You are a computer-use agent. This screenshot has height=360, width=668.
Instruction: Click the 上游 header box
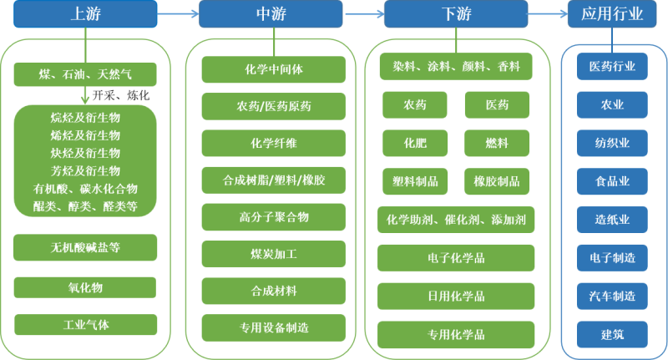point(85,13)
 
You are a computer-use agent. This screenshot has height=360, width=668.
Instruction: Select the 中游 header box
point(273,13)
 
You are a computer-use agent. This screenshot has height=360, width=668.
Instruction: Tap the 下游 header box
point(456,13)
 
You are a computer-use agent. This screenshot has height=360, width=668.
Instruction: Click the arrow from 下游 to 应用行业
point(546,13)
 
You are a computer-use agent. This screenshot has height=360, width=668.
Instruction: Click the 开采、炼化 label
point(121,95)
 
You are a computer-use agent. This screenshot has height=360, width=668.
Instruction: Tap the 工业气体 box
point(85,324)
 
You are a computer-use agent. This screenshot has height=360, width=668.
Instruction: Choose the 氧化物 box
point(85,287)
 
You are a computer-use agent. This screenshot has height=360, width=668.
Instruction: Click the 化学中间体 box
point(273,69)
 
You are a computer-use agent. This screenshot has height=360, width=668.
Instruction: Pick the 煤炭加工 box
point(273,254)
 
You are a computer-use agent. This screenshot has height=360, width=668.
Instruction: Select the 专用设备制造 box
point(273,327)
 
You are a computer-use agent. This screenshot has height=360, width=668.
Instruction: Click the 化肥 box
point(414,143)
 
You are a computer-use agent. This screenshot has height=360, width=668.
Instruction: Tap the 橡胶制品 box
point(496,180)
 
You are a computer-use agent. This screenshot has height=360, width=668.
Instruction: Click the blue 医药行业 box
point(612,66)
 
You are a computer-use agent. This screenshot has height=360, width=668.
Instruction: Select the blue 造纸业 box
point(612,220)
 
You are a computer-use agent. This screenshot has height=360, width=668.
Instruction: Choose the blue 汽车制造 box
point(612,296)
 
